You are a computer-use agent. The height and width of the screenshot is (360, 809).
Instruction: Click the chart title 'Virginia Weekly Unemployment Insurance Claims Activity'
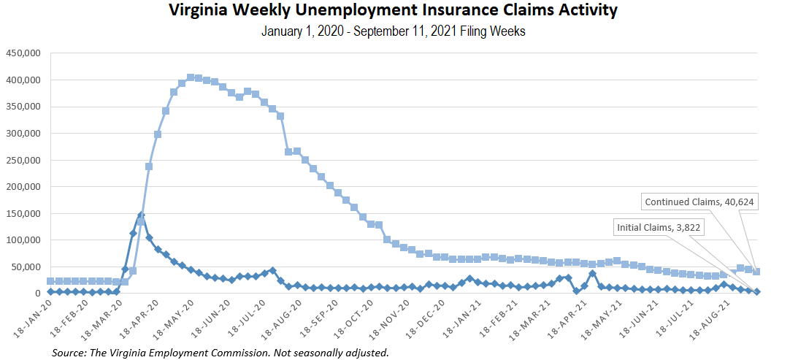[393, 11]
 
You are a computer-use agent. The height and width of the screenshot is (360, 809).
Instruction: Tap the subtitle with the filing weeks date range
[393, 32]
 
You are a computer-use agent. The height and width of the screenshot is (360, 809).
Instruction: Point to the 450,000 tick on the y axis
[23, 53]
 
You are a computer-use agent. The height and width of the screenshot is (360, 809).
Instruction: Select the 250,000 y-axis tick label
[23, 160]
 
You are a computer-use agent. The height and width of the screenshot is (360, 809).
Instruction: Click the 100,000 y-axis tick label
[23, 240]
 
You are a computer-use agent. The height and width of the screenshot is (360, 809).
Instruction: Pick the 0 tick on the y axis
[38, 294]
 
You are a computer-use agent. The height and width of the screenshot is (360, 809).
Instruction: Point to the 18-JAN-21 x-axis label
[454, 321]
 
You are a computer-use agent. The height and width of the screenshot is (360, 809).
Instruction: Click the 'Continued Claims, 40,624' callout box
[699, 202]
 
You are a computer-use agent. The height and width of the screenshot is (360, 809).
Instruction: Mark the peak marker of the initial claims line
[141, 215]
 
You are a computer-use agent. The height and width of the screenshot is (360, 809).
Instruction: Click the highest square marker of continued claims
[191, 77]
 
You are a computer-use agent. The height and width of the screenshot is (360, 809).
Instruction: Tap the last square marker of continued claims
[756, 272]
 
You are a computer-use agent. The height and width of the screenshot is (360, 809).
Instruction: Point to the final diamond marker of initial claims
[756, 291]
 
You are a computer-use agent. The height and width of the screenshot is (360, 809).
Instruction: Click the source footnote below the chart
[220, 353]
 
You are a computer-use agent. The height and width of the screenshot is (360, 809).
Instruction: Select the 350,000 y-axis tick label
[23, 107]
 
